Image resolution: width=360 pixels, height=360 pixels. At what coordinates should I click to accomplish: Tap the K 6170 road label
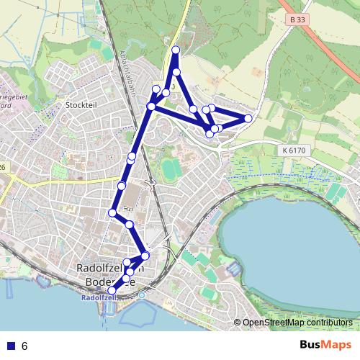(x=289, y=150)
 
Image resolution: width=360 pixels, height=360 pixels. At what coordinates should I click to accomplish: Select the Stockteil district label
(x=80, y=105)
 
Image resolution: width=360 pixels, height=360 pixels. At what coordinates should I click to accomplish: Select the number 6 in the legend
(x=24, y=346)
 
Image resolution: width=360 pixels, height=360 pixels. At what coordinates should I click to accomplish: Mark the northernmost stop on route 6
(x=176, y=50)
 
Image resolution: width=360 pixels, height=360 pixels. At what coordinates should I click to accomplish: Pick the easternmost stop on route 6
(x=248, y=118)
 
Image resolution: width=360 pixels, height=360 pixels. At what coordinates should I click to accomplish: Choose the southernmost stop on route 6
(x=111, y=290)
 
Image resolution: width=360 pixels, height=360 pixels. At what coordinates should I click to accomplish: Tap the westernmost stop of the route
(x=112, y=212)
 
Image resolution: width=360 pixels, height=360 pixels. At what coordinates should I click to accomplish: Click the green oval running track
(x=171, y=170)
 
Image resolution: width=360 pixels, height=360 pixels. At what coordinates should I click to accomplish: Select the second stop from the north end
(x=176, y=73)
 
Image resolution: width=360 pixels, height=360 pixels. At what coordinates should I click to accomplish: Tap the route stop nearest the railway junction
(x=145, y=256)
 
